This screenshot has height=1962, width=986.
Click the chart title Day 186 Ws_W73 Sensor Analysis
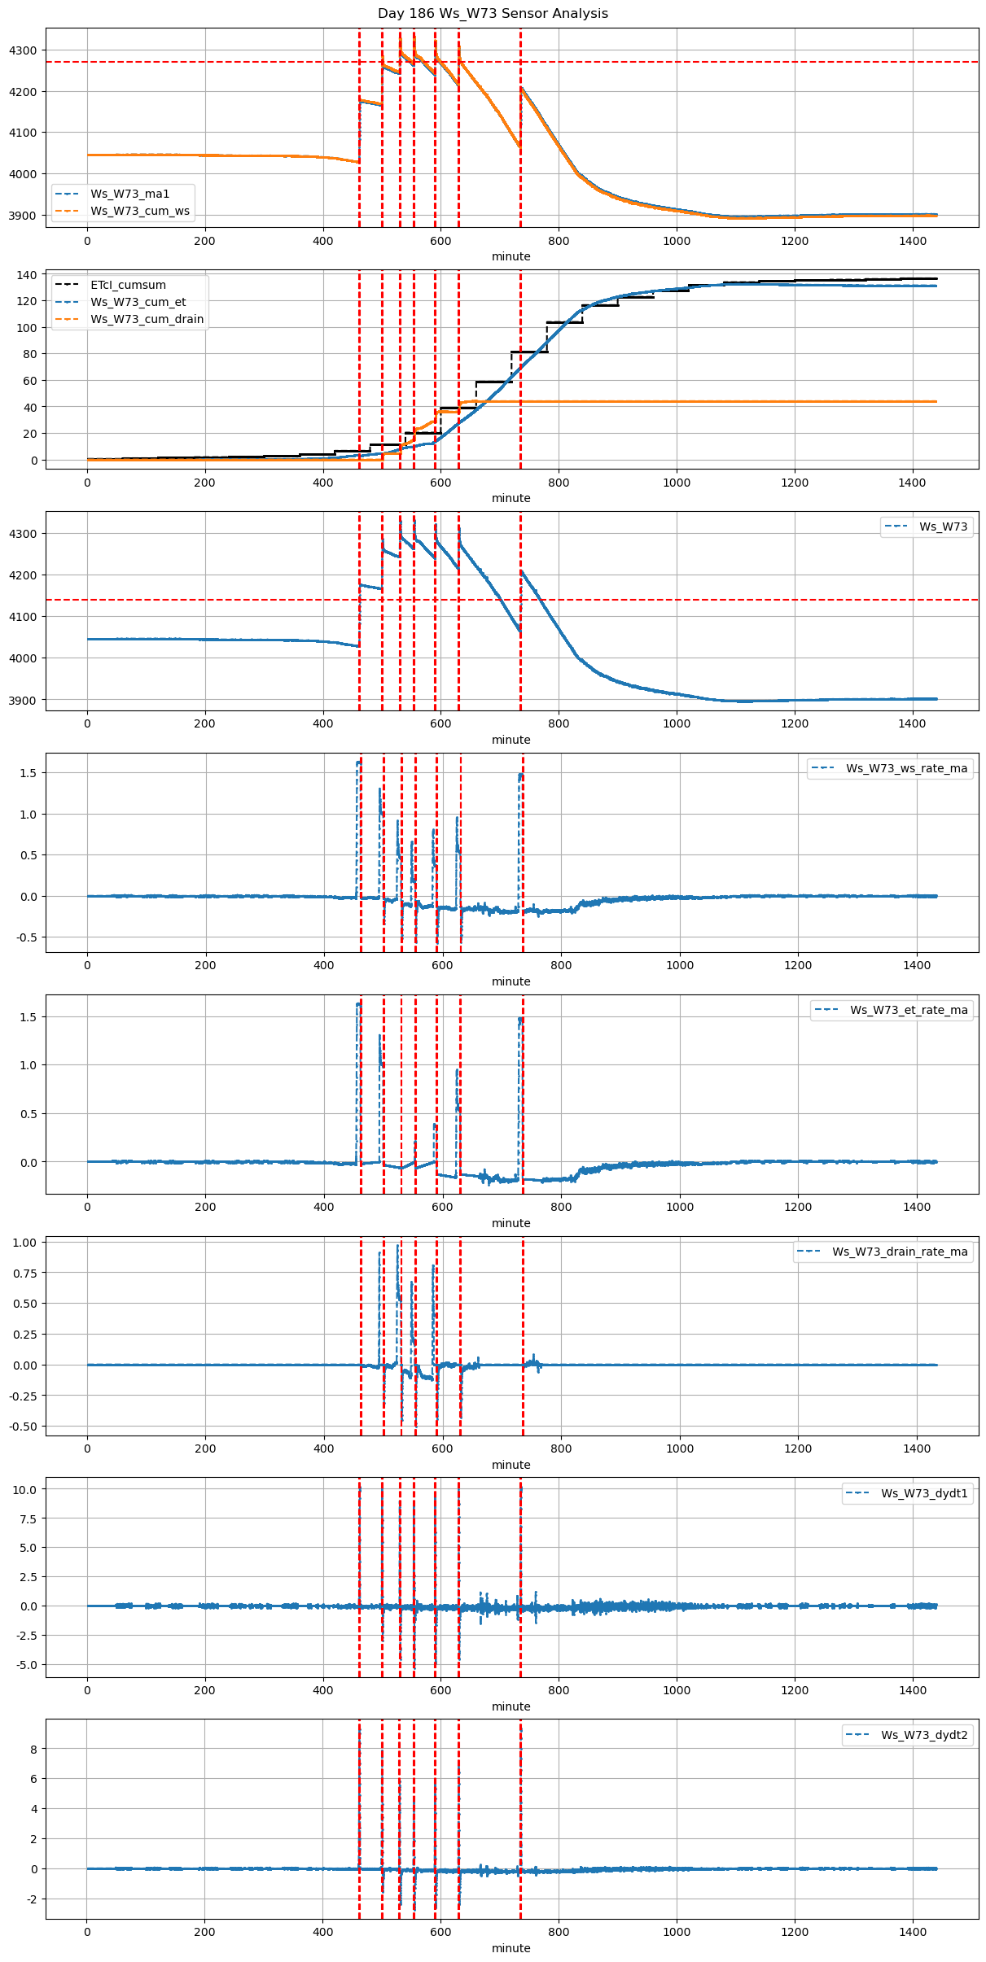(x=493, y=14)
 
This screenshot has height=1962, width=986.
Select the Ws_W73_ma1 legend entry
(x=129, y=194)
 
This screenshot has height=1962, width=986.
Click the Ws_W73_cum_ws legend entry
(x=139, y=211)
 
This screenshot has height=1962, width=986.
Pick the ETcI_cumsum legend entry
(x=128, y=285)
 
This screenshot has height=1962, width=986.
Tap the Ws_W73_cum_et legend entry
(x=138, y=302)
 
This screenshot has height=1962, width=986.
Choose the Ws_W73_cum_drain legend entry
(x=147, y=319)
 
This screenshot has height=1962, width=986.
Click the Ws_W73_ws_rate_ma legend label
(x=906, y=768)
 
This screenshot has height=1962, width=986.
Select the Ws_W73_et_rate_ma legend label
(x=909, y=1010)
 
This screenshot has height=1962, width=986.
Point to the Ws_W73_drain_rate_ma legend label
(x=900, y=1252)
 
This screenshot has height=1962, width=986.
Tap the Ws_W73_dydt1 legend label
(x=924, y=1493)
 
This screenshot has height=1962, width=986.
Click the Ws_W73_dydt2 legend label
(x=924, y=1735)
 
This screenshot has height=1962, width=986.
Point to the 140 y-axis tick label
(x=27, y=275)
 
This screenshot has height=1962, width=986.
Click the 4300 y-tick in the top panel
(x=23, y=50)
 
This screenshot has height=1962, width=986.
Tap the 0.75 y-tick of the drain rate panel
(x=24, y=1273)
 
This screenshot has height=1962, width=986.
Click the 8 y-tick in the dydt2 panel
(x=33, y=1749)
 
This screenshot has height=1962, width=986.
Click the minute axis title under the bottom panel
(x=511, y=1948)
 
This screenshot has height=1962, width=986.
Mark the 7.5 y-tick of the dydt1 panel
(x=26, y=1518)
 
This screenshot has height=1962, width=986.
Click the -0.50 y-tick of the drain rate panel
(x=22, y=1427)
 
